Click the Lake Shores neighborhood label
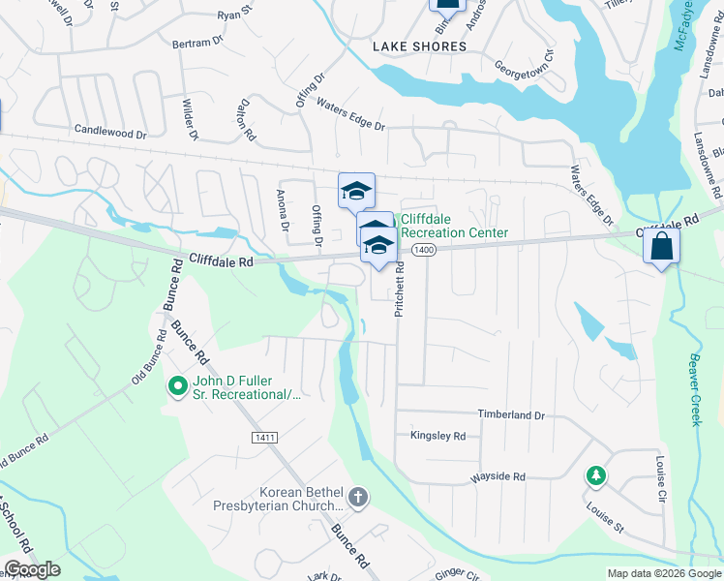point(420,46)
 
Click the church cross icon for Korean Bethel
point(358,498)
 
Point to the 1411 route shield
point(262,438)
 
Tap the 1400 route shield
point(422,250)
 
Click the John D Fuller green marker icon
point(177,387)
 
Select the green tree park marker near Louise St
point(596,475)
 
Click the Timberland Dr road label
point(511,414)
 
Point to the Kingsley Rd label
point(437,436)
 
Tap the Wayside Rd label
point(498,476)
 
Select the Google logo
point(32,569)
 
